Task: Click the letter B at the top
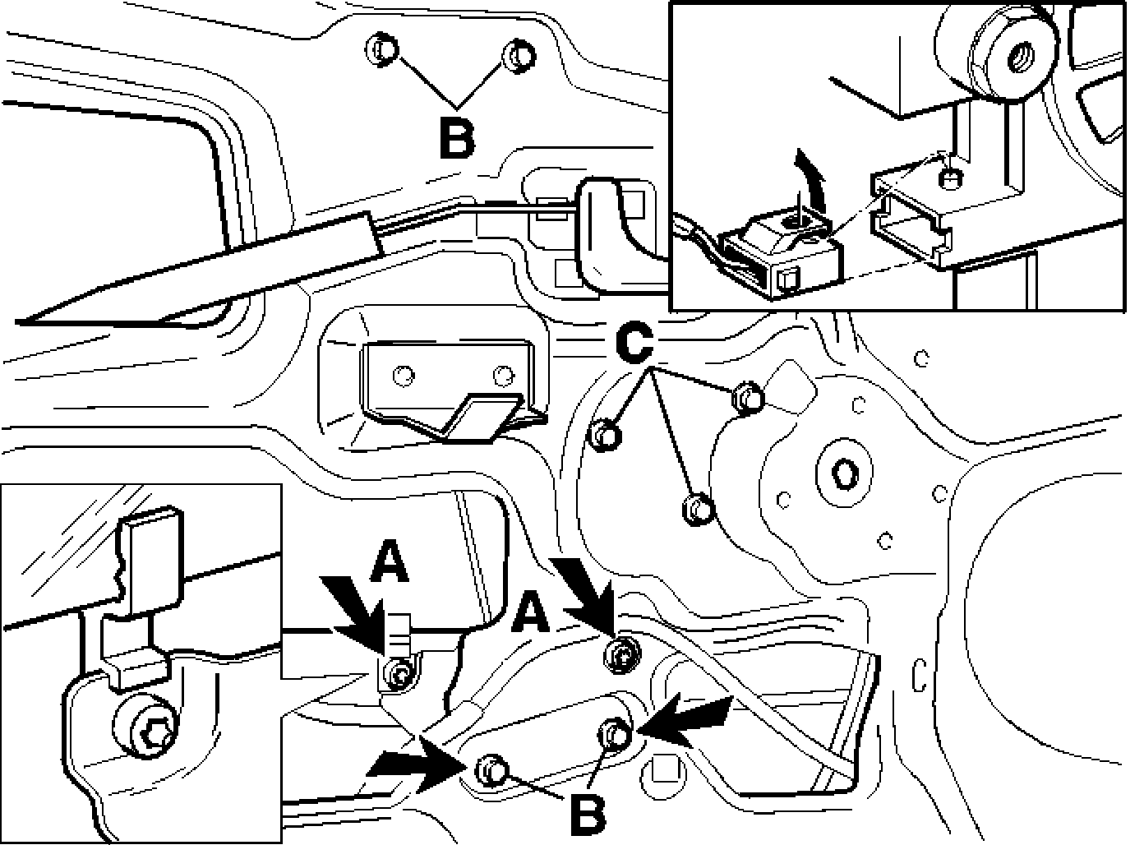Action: point(458,139)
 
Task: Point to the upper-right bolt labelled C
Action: point(747,397)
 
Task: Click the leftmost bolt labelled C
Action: point(606,435)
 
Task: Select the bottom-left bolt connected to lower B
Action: point(491,768)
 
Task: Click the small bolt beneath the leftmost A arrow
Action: point(400,674)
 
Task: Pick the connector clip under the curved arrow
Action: point(777,252)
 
